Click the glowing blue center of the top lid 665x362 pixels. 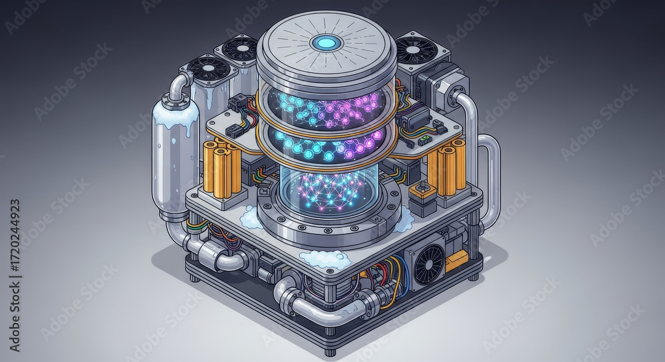coord(326,43)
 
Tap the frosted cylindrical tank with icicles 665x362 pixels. coord(175,159)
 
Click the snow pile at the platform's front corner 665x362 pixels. coord(324,259)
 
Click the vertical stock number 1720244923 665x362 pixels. coord(15,236)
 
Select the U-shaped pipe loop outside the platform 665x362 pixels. coord(489,179)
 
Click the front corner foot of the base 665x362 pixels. coord(331,348)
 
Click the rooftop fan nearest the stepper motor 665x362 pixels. coord(416,50)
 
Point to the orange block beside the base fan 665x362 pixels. coord(458,260)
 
